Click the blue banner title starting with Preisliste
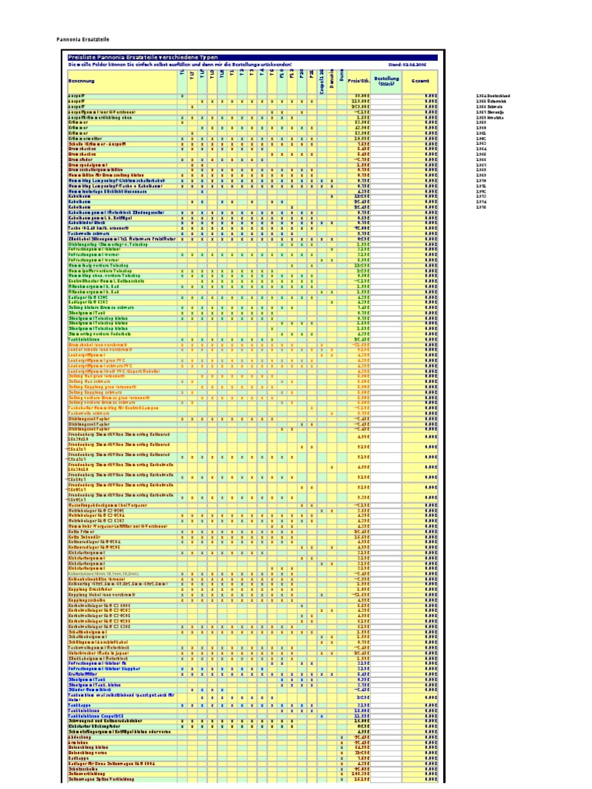pyautogui.click(x=143, y=57)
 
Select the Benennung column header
pyautogui.click(x=82, y=80)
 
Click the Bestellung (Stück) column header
pyautogui.click(x=386, y=80)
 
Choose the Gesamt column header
pyautogui.click(x=420, y=80)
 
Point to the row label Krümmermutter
pyautogui.click(x=84, y=138)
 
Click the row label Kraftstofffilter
pyautogui.click(x=83, y=673)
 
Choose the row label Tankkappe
pyautogui.click(x=79, y=704)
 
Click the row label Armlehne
pyautogui.click(x=77, y=741)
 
